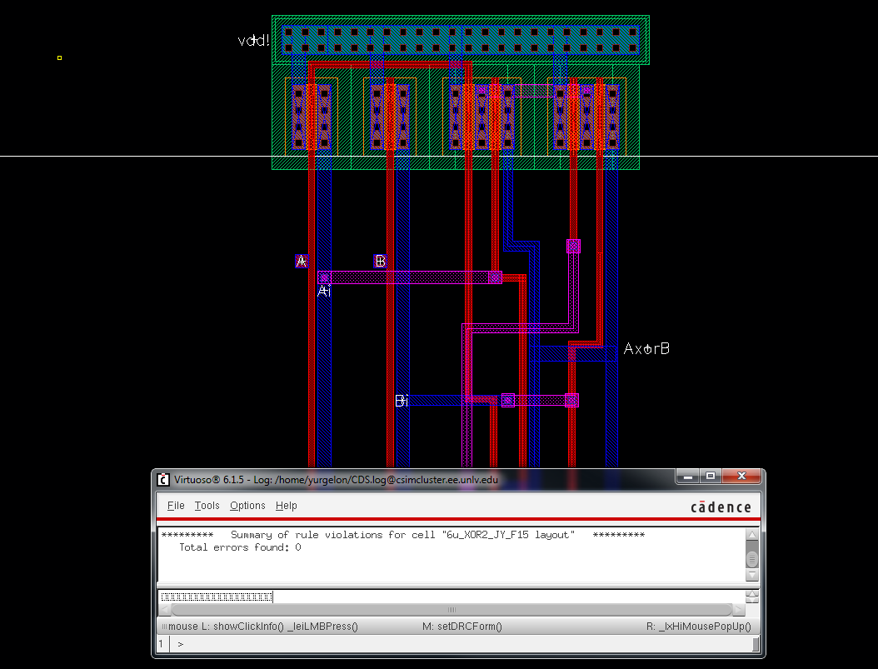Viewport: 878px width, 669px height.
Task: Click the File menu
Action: (x=176, y=506)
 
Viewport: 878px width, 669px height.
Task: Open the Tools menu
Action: (x=207, y=506)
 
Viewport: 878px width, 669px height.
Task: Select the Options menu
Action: (x=247, y=506)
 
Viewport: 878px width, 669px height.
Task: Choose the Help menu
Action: (x=287, y=506)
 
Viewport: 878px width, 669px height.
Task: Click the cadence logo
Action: (x=721, y=507)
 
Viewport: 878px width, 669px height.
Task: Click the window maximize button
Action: (x=710, y=477)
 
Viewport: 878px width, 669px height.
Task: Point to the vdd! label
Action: (x=254, y=40)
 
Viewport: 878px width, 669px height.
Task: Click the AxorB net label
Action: (x=646, y=349)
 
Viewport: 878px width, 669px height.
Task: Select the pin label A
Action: (x=302, y=261)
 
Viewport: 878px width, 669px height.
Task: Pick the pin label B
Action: (x=380, y=261)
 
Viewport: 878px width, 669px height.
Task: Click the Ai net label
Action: (x=325, y=291)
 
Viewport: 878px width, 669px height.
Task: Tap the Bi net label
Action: (x=402, y=401)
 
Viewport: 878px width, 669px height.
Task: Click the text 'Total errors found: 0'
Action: (x=240, y=547)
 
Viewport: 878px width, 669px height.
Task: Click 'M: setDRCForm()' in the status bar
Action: (x=462, y=627)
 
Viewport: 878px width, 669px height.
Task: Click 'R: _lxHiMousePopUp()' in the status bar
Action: (x=698, y=627)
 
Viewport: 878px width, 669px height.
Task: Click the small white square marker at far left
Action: (x=59, y=57)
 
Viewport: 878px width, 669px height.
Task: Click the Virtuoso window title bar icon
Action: (x=163, y=479)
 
